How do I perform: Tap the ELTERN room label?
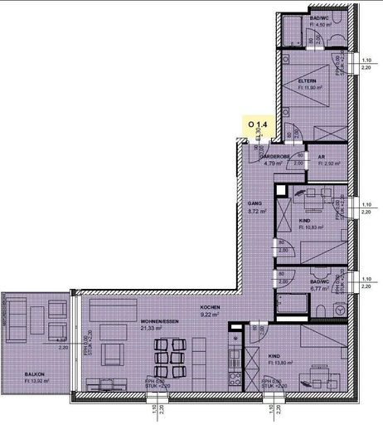click(308, 81)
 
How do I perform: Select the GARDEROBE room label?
click(274, 156)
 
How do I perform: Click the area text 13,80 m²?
click(284, 363)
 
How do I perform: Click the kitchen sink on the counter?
click(235, 342)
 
